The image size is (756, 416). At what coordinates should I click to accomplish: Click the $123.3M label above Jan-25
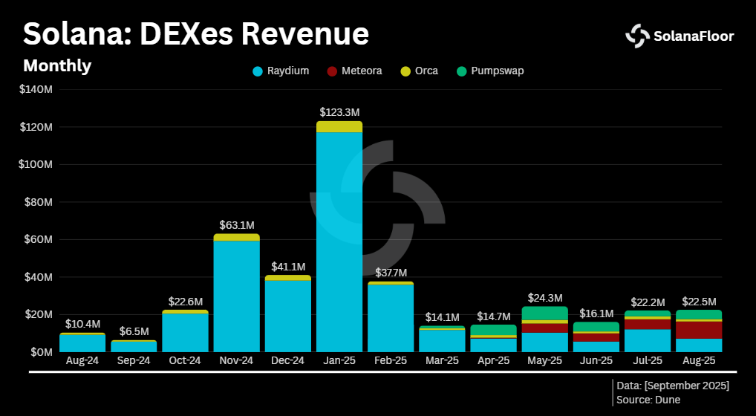(x=339, y=112)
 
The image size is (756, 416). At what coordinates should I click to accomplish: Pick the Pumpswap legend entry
(x=491, y=71)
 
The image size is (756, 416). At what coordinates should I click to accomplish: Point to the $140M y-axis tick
(x=36, y=90)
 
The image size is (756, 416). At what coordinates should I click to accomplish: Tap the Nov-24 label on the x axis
(x=236, y=360)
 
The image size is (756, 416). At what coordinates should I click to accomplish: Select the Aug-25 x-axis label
(x=698, y=360)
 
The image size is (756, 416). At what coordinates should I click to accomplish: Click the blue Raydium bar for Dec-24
(x=288, y=316)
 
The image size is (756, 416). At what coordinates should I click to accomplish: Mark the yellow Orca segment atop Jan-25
(x=339, y=126)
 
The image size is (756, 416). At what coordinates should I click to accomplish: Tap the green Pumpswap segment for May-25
(x=544, y=313)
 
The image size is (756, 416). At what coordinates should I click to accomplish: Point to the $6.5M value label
(x=134, y=331)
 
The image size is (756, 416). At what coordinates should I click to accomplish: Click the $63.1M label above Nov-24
(x=237, y=224)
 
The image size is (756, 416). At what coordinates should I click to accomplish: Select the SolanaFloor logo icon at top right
(x=637, y=35)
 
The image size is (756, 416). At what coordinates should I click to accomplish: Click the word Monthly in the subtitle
(x=57, y=65)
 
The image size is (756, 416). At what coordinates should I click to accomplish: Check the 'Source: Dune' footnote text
(x=648, y=400)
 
